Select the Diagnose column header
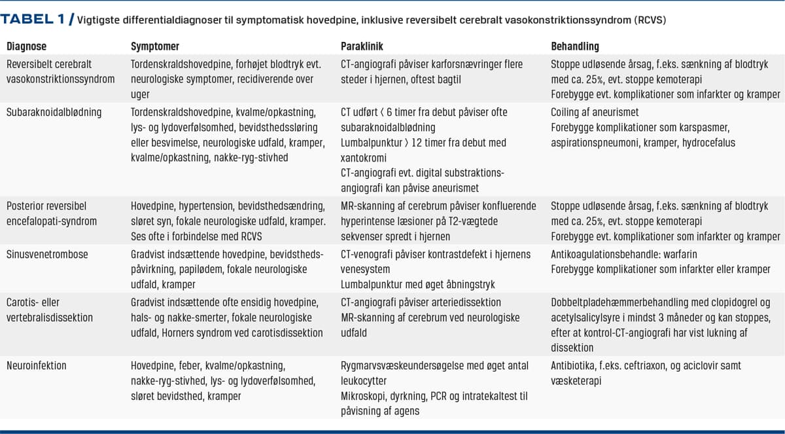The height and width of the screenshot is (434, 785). [27, 46]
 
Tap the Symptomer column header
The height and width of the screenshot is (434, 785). [155, 46]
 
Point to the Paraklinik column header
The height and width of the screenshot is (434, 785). [362, 46]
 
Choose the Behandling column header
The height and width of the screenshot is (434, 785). [575, 46]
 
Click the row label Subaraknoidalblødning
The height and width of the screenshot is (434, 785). [54, 112]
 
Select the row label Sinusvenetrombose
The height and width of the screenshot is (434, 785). [48, 253]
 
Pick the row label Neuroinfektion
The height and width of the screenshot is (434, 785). [37, 365]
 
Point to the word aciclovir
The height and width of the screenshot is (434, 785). [701, 365]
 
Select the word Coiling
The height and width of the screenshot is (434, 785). [567, 112]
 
